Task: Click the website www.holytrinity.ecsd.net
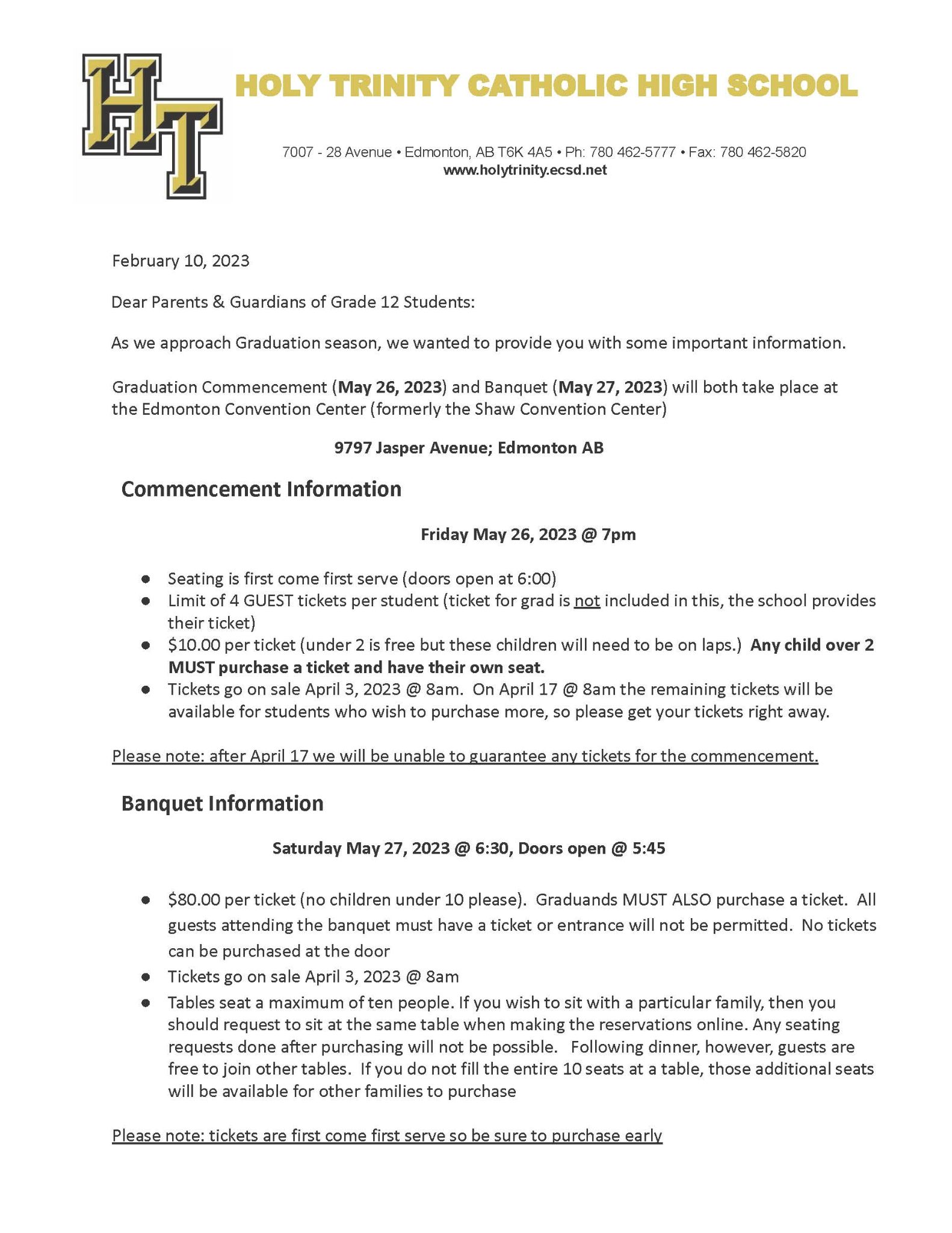525,170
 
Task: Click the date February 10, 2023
181,261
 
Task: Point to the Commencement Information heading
261,489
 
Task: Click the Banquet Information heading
222,803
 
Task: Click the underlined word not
587,601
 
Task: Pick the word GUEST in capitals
268,601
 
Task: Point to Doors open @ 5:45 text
591,848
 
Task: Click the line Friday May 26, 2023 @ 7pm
528,535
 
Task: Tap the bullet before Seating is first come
145,579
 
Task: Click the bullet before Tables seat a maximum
145,1003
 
